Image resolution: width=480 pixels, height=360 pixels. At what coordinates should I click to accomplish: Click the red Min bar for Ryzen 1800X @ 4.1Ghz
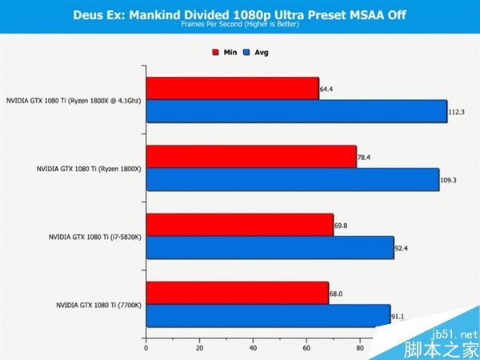(x=232, y=88)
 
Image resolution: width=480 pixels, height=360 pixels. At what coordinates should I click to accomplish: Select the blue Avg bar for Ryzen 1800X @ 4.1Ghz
(x=296, y=111)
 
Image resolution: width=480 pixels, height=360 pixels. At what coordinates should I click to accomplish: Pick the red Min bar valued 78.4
(x=250, y=157)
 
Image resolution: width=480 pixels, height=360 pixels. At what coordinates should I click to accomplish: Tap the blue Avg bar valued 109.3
(x=292, y=180)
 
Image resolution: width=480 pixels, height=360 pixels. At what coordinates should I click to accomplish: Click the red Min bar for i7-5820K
(x=239, y=225)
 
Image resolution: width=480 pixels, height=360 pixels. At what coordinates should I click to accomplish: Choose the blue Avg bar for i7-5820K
(x=270, y=248)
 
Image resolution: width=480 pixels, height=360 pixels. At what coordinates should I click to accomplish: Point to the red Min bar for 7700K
(x=237, y=294)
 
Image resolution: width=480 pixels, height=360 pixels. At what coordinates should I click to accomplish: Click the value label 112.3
(x=456, y=112)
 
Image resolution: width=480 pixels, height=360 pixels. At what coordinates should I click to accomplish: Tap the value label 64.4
(x=326, y=89)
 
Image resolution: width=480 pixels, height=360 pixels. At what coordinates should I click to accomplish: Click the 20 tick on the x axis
(x=199, y=347)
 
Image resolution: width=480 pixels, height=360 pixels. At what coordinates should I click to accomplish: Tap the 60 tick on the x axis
(x=306, y=347)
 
